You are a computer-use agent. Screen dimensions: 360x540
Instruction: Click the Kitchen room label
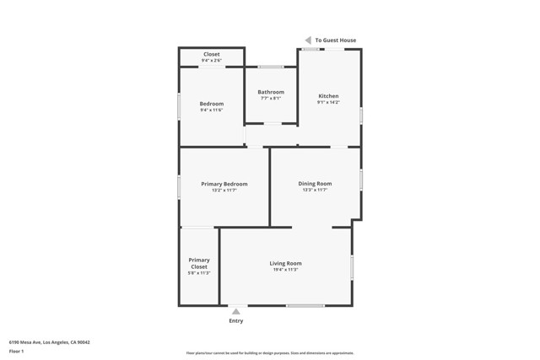[x=327, y=96]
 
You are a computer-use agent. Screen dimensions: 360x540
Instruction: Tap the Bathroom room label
[x=271, y=92]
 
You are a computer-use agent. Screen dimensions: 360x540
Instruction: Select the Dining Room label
[x=315, y=184]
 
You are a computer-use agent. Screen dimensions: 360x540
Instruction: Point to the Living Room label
[x=285, y=263]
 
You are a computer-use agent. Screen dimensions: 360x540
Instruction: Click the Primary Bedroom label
[x=224, y=184]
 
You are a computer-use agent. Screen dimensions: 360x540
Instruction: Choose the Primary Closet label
[x=199, y=263]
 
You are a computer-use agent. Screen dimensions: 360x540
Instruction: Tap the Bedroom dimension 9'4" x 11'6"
[x=212, y=110]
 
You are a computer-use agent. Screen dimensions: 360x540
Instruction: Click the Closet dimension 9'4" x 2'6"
[x=212, y=61]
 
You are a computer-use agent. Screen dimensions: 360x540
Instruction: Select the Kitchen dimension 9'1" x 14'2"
[x=327, y=103]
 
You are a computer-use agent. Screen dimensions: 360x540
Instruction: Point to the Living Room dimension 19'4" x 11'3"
[x=285, y=270]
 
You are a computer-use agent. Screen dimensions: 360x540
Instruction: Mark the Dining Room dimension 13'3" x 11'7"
[x=315, y=191]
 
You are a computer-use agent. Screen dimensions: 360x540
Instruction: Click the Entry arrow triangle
[x=236, y=311]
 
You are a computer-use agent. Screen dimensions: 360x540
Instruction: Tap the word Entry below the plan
[x=236, y=321]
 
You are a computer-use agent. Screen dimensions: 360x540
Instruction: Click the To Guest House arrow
[x=308, y=40]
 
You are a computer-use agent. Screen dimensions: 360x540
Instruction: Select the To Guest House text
[x=336, y=40]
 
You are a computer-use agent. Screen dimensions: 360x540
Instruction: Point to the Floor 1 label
[x=17, y=351]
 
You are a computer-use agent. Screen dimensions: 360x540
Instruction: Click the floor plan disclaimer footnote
[x=270, y=353]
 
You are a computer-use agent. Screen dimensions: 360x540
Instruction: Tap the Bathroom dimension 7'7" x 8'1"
[x=271, y=99]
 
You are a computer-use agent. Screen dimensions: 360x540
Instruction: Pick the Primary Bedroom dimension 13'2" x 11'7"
[x=224, y=191]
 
